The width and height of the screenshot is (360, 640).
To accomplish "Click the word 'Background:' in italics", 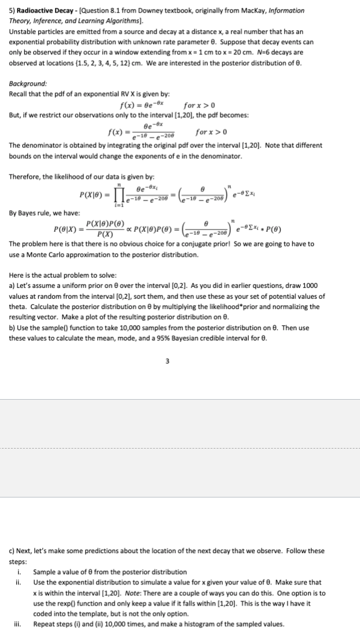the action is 28,85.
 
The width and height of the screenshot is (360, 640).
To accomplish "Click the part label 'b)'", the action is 13,329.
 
